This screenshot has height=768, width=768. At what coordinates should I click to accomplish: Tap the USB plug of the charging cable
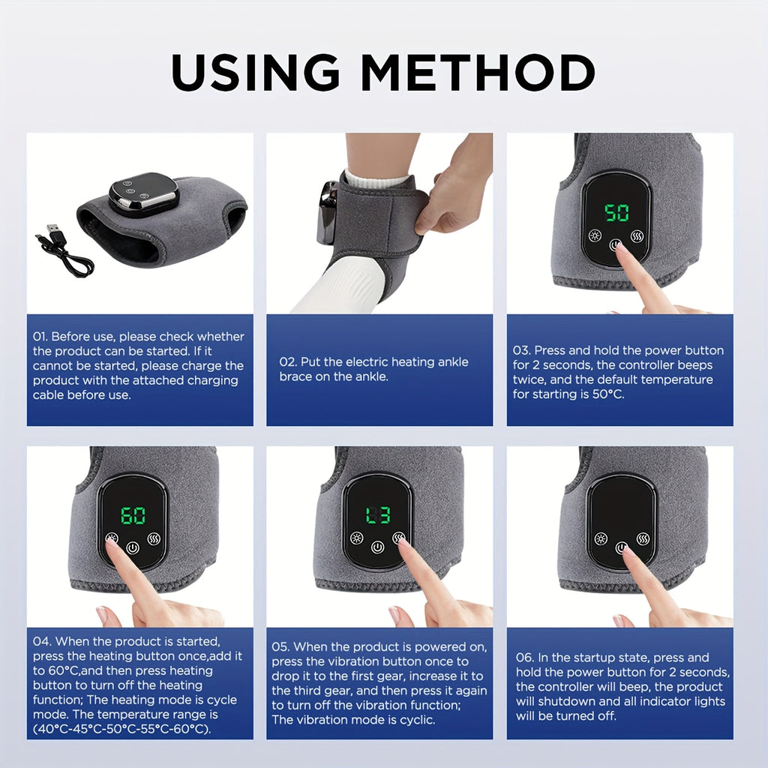point(52,231)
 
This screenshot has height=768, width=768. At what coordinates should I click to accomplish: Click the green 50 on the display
point(616,213)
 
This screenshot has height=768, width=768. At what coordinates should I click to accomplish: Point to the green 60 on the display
point(133,515)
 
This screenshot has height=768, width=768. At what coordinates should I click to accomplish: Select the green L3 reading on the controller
point(378,515)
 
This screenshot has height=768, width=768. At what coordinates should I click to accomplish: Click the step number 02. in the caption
point(289,361)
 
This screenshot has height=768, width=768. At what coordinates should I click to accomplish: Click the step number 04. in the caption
point(42,641)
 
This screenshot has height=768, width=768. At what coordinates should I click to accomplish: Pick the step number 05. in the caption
point(281,646)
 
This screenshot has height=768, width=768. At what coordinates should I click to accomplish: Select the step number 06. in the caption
point(525,658)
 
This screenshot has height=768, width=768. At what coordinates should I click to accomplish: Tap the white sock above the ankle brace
point(375,181)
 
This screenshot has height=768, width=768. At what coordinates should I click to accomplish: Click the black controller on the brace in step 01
point(143,193)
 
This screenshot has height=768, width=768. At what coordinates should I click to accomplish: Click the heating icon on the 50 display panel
point(595,235)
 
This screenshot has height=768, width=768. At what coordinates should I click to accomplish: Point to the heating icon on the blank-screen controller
point(600,538)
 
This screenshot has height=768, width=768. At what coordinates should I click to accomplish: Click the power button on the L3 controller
point(378,547)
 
